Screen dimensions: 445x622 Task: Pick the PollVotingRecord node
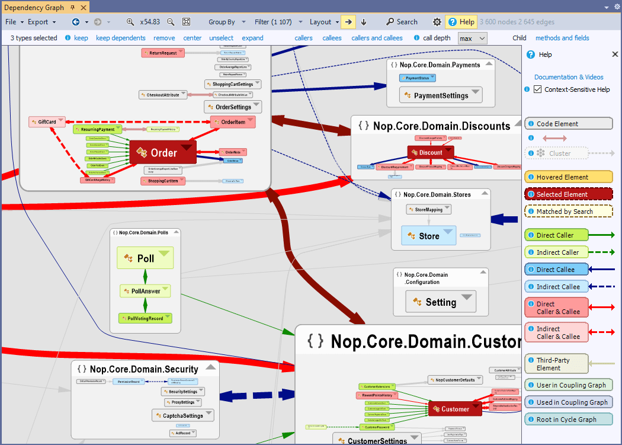(x=145, y=318)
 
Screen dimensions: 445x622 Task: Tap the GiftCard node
(x=47, y=122)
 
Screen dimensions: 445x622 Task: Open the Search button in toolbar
(x=402, y=22)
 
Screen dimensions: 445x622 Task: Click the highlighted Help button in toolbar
(x=461, y=22)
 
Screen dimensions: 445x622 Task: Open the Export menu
(x=41, y=22)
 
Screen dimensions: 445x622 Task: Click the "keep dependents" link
(x=120, y=38)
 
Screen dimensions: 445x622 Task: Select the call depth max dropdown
(x=472, y=38)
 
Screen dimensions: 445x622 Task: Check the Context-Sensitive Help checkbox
(x=538, y=89)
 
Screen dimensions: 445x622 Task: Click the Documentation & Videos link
(x=569, y=77)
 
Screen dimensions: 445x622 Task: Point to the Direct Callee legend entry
(x=556, y=269)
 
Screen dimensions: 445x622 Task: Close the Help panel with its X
(x=615, y=55)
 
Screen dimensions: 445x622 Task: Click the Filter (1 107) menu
(x=275, y=22)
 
